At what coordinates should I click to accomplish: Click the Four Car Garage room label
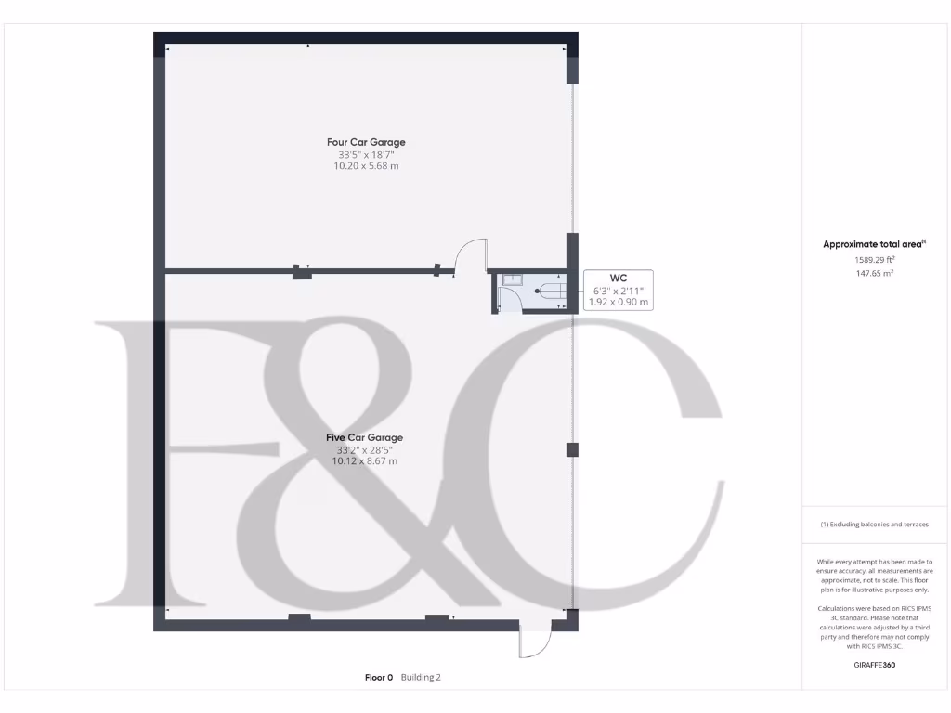point(366,142)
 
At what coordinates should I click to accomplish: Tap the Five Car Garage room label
point(364,437)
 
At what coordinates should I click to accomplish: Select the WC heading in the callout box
point(619,278)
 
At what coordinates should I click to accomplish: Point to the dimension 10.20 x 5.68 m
point(366,166)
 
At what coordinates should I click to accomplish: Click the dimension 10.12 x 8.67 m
point(364,461)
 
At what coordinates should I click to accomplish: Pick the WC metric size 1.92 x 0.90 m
point(619,303)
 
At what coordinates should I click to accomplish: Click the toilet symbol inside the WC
point(550,292)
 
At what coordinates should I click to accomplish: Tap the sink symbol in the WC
point(514,279)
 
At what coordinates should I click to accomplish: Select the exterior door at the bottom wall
point(535,641)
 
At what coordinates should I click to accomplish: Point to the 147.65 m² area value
point(874,274)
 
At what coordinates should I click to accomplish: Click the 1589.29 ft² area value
point(874,261)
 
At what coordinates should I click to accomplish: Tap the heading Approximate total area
point(874,244)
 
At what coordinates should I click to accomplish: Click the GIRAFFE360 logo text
point(874,665)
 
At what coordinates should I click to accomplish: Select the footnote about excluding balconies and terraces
point(874,525)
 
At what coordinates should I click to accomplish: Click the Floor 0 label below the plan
point(379,678)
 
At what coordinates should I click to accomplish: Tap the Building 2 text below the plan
point(421,678)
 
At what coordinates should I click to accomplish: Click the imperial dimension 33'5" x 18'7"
point(366,154)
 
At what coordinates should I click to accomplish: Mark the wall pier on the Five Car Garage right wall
point(572,450)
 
